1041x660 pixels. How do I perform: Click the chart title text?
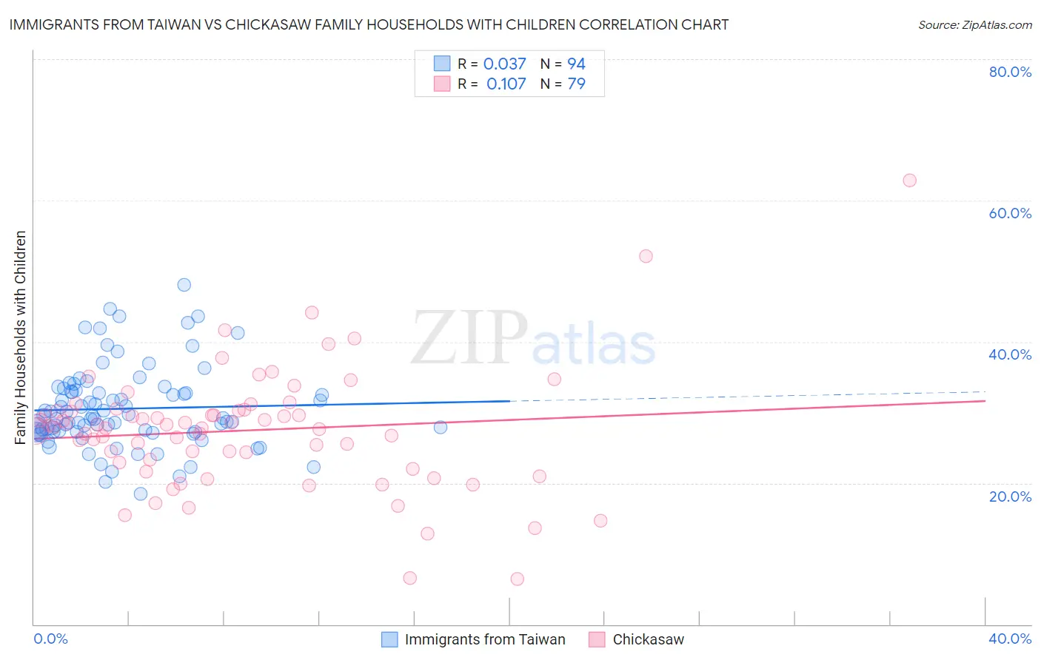click(x=369, y=24)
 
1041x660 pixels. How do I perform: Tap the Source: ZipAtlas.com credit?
click(x=974, y=24)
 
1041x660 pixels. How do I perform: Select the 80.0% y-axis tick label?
click(x=1010, y=72)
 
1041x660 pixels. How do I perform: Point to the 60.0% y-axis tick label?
click(x=1010, y=213)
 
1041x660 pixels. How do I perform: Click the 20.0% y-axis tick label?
click(x=1010, y=496)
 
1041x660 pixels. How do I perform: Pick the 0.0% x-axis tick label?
click(x=50, y=639)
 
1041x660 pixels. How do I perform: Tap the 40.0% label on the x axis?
click(x=1010, y=639)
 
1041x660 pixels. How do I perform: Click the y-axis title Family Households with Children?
click(x=20, y=337)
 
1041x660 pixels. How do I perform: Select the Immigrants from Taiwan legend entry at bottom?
click(x=485, y=639)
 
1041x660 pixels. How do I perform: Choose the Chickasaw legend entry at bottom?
click(x=648, y=639)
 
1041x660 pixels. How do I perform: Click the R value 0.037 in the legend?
click(x=504, y=64)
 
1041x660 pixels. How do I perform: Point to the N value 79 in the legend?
click(x=576, y=84)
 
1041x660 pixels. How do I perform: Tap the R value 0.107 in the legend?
click(x=506, y=84)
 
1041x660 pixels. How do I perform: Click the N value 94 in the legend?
click(x=576, y=64)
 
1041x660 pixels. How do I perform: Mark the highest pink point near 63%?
click(x=909, y=181)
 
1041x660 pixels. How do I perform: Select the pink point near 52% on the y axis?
click(x=646, y=256)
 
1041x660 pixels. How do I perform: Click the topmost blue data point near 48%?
click(x=184, y=285)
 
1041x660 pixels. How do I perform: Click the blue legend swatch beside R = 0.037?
click(x=442, y=64)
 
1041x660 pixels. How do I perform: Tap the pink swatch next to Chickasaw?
click(x=597, y=639)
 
